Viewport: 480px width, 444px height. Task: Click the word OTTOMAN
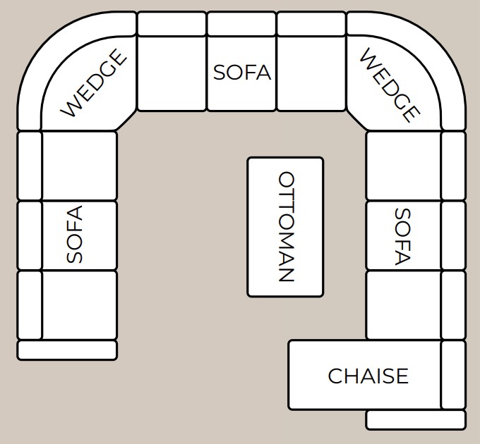[x=287, y=226]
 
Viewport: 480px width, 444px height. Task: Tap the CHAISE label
[x=368, y=376]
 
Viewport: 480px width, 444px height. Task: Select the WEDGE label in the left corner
[x=94, y=83]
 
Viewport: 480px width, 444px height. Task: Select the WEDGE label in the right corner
[x=389, y=85]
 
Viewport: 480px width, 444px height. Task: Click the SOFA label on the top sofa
[x=242, y=73]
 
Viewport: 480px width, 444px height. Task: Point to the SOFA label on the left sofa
[x=74, y=234]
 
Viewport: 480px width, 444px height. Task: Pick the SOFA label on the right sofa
[x=402, y=237]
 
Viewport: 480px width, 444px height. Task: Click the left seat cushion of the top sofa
[x=172, y=73]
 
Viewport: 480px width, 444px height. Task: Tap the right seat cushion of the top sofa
[x=311, y=73]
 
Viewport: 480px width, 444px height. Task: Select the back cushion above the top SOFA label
[x=241, y=23]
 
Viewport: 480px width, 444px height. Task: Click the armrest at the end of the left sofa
[x=67, y=350]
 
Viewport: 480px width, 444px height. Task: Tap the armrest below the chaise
[x=416, y=420]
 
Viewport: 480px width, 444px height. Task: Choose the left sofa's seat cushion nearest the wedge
[x=79, y=166]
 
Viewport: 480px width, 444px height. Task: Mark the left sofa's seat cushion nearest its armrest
[x=79, y=305]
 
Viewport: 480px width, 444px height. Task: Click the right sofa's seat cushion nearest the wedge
[x=404, y=166]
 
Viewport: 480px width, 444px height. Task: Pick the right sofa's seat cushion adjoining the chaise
[x=404, y=305]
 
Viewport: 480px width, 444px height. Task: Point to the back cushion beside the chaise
[x=454, y=375]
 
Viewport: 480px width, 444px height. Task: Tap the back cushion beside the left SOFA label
[x=29, y=235]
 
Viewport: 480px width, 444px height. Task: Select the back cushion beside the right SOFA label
[x=454, y=235]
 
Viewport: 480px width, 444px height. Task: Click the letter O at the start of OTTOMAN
[x=287, y=180]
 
